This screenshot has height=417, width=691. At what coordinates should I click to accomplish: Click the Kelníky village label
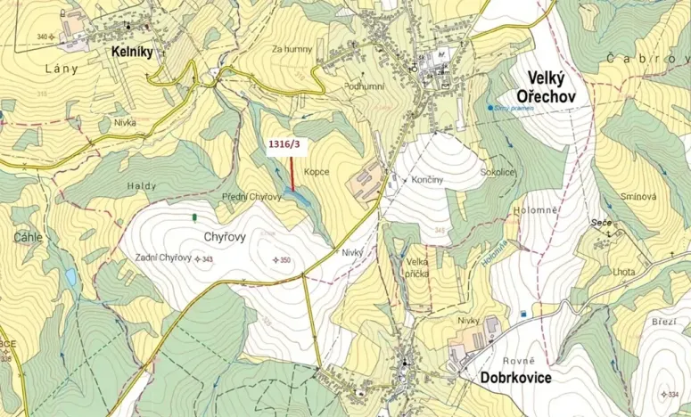[x=133, y=53]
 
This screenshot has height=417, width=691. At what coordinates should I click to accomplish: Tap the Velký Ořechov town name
[x=542, y=86]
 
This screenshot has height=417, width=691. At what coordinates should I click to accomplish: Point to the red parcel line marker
[x=292, y=173]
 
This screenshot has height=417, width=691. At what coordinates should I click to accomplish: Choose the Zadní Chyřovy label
[x=163, y=258]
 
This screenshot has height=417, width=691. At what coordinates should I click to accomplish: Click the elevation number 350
[x=285, y=260]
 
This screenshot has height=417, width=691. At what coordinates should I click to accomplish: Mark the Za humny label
[x=293, y=50]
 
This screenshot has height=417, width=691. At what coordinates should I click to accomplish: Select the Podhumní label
[x=365, y=86]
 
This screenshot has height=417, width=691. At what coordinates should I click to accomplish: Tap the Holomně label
[x=535, y=210]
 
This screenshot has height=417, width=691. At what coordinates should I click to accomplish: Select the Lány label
[x=62, y=68]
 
